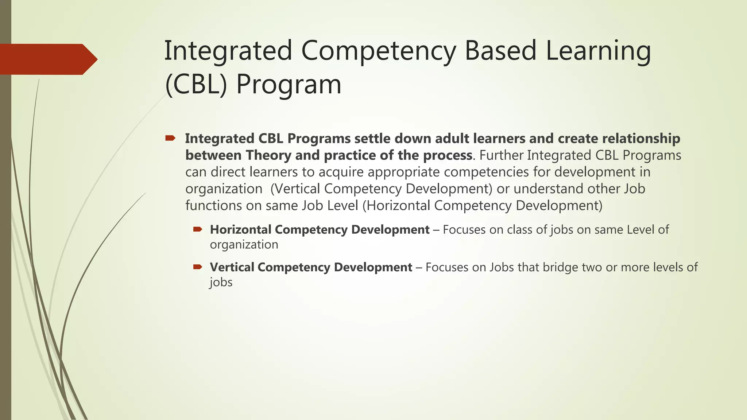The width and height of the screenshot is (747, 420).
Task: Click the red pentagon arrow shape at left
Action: (x=47, y=59)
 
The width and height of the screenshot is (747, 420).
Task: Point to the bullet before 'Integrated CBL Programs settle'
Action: (x=170, y=138)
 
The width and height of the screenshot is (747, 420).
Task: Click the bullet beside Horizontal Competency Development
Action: (x=197, y=229)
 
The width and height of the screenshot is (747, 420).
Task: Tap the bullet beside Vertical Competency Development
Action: (x=197, y=267)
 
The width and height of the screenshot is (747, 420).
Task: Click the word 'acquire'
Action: (x=341, y=172)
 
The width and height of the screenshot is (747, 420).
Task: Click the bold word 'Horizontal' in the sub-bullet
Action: (x=241, y=230)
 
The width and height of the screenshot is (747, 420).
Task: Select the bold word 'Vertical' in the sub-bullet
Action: (x=232, y=267)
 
